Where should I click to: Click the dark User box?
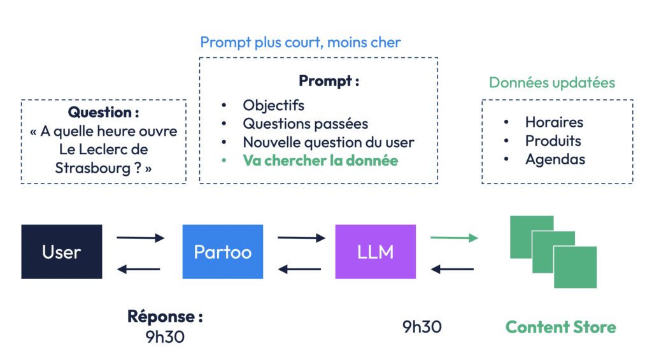coord(62,252)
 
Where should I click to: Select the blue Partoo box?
coord(223,252)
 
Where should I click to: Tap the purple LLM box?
coord(376,252)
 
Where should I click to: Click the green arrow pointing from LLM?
coord(454,238)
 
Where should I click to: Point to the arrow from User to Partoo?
coord(141,238)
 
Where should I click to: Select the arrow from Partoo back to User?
coord(138,270)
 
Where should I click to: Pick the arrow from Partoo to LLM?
coord(301,238)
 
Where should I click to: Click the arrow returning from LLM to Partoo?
coord(299,270)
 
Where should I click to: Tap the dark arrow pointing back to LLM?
coord(452,270)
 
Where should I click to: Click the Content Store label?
coord(560,327)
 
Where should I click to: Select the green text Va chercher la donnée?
coord(320,161)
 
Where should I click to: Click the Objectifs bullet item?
coord(274,106)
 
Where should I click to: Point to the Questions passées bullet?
coord(306,124)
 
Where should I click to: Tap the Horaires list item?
coord(555,122)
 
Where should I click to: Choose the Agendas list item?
coord(555,159)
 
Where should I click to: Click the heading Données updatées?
coord(552,82)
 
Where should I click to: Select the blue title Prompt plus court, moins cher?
coord(301,42)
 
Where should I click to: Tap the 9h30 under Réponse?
coord(165,336)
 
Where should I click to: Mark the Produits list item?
coord(553,141)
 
